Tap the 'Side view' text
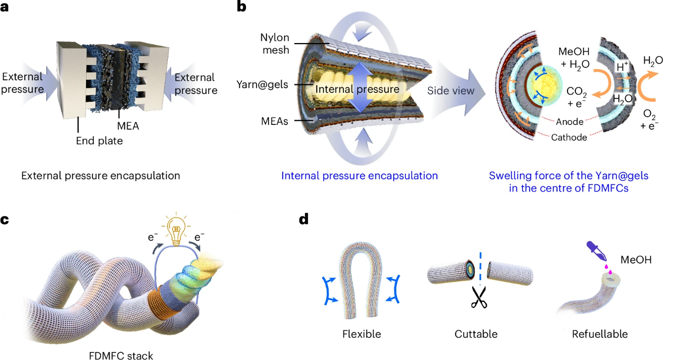pos(451,91)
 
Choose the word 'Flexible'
pos(361,334)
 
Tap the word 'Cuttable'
pos(477,334)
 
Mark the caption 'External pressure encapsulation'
pos(101,176)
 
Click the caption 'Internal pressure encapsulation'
pos(359,175)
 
